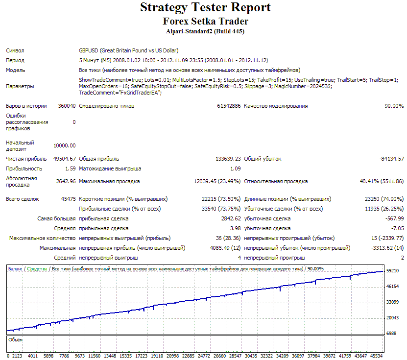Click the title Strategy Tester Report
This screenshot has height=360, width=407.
pos(205,7)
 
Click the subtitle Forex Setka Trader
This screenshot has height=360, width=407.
pos(205,21)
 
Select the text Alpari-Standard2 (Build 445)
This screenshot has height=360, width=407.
pos(205,31)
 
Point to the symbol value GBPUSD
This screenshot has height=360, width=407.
pos(89,50)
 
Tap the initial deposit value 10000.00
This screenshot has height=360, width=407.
pos(65,145)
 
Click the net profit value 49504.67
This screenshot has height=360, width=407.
pos(65,159)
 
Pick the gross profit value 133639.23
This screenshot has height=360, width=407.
pos(228,159)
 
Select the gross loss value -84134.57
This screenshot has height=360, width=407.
pos(392,159)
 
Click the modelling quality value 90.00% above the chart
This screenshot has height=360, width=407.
pos(394,106)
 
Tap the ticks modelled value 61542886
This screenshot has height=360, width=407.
pos(229,106)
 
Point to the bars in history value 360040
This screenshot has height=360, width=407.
pos(67,106)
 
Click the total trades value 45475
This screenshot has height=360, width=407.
pos(68,199)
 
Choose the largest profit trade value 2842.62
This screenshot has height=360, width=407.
pos(231,218)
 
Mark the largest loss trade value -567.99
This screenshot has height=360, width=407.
pos(395,218)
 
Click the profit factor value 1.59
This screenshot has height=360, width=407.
pos(71,168)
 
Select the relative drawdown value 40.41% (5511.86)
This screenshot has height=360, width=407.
pos(382,181)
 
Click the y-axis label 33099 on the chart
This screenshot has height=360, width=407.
pos(392,302)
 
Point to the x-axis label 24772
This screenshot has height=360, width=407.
pos(204,356)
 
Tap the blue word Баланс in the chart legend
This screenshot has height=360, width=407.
pos(15,269)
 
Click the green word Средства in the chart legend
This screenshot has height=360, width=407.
pos(37,269)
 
